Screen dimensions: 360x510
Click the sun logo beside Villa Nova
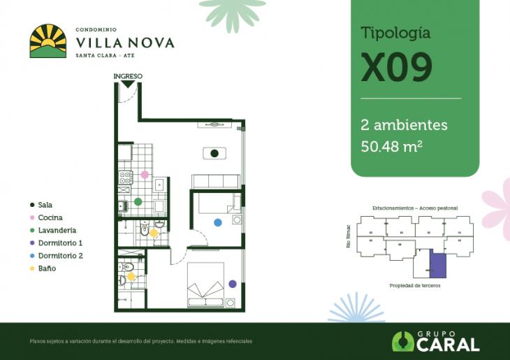click(x=48, y=41)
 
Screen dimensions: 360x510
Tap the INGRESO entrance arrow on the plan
click(x=127, y=83)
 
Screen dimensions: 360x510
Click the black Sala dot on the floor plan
click(x=214, y=153)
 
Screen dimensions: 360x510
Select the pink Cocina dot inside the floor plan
click(x=145, y=174)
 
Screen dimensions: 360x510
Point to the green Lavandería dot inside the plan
click(x=138, y=201)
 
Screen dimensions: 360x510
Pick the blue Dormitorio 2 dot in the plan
click(x=218, y=222)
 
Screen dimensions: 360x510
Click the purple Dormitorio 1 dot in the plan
click(x=232, y=284)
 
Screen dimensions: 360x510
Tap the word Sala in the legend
click(x=45, y=205)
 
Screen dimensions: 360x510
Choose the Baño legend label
click(x=48, y=268)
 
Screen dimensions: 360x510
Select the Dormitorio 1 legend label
click(x=61, y=243)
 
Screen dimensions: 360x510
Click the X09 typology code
click(x=396, y=67)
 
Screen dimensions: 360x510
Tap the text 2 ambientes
click(x=404, y=126)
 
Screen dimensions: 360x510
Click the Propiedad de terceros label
click(x=414, y=286)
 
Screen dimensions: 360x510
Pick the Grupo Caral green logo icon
click(x=402, y=341)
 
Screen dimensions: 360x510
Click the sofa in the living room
click(x=216, y=181)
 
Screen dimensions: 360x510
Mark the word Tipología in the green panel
click(x=395, y=33)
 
